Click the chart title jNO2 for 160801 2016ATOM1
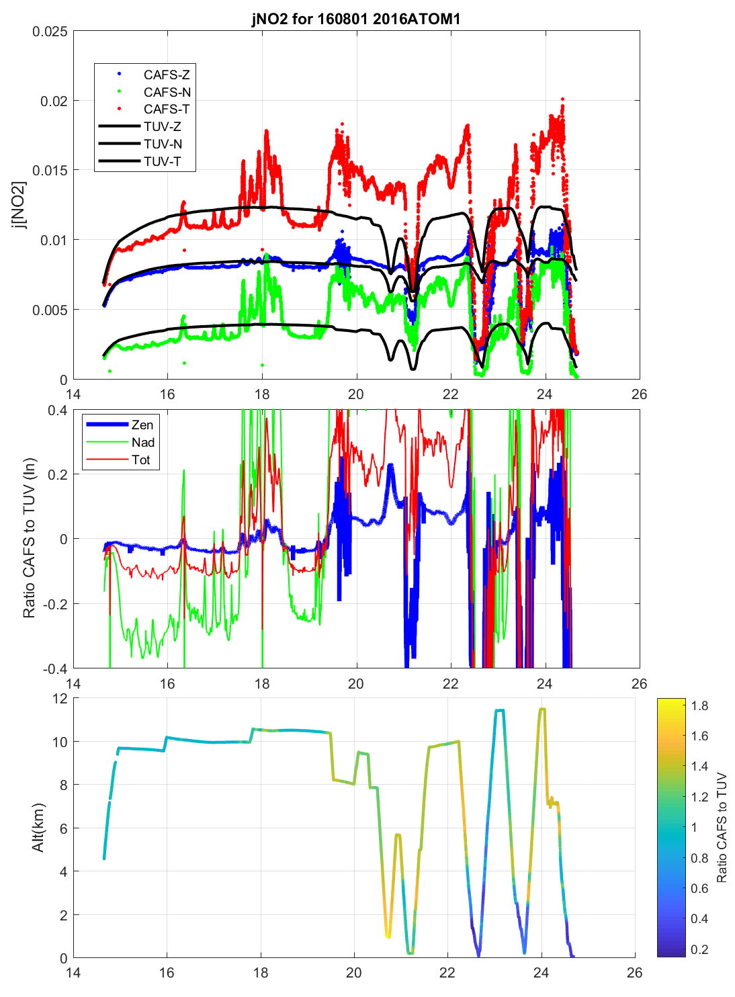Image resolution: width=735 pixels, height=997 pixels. pos(356,18)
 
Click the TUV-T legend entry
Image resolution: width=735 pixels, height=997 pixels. pos(162,161)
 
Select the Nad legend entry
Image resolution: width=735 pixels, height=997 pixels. pos(143,442)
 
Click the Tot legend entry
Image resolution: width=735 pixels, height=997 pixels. pos(141,460)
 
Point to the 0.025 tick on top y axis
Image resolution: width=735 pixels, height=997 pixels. pos(50,32)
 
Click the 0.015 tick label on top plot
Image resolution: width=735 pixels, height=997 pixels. pos(50,171)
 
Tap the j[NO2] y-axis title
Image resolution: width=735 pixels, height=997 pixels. pos(20,205)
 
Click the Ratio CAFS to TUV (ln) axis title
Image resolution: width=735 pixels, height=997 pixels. pos(29,538)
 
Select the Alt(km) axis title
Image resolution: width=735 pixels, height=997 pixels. pos(38,827)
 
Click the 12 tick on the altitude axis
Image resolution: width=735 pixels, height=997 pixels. pos(60,699)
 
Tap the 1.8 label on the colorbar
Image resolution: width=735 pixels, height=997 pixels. pos(699,705)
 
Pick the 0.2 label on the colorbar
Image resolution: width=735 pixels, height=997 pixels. pos(699,949)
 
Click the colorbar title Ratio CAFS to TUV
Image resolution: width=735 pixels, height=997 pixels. pos(722,827)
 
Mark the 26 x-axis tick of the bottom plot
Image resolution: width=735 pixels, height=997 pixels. pos(634,972)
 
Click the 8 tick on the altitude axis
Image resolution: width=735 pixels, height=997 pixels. pos(64,785)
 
